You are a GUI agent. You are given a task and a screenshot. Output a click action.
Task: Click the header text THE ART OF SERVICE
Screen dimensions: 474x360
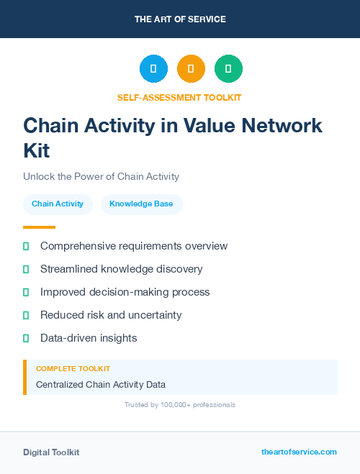180,19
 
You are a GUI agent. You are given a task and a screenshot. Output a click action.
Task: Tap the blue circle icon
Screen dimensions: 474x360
153,69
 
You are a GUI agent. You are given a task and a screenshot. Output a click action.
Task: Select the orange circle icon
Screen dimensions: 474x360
191,69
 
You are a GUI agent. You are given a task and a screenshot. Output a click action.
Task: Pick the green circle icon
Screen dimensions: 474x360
228,69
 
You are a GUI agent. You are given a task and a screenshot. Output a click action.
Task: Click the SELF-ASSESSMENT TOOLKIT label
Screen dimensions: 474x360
180,97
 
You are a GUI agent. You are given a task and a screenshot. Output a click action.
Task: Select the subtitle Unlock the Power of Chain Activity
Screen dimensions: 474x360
101,177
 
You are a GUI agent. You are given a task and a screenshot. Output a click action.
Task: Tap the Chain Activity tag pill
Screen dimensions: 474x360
58,204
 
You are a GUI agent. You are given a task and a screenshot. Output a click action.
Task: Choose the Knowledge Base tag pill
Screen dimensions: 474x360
141,204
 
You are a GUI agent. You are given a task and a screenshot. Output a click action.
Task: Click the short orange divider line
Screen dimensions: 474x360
39,227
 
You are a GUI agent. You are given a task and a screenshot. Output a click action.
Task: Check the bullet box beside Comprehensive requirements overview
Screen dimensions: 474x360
26,247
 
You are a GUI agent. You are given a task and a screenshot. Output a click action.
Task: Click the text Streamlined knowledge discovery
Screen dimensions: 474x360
121,269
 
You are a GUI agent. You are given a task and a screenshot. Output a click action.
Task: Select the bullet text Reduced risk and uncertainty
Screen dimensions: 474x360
111,315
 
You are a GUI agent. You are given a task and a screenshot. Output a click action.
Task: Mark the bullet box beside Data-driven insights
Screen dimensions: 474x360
26,338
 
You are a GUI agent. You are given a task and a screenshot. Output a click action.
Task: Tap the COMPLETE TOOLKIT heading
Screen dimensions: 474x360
73,368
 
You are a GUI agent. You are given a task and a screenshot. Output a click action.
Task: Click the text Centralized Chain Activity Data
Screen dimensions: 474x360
101,385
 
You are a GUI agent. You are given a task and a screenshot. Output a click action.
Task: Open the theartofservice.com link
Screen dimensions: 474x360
299,452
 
